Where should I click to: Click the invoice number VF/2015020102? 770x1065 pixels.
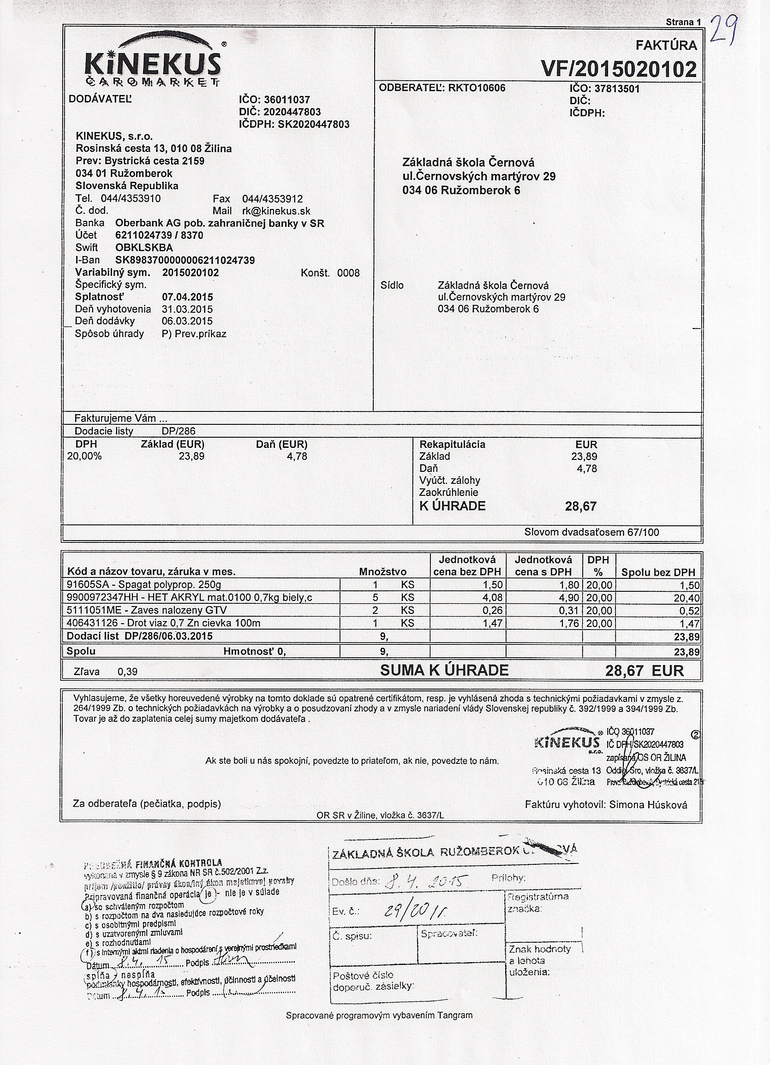619,70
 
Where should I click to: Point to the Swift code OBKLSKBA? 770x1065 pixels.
144,248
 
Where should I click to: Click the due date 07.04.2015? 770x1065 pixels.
187,297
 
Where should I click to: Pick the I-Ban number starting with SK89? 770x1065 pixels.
185,260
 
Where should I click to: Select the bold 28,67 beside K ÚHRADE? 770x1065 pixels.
581,506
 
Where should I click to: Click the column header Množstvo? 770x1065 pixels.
383,572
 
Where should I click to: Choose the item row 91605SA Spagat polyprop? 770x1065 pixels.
144,585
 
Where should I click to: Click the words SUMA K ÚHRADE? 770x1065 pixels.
444,670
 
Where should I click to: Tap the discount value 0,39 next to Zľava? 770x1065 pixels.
127,672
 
